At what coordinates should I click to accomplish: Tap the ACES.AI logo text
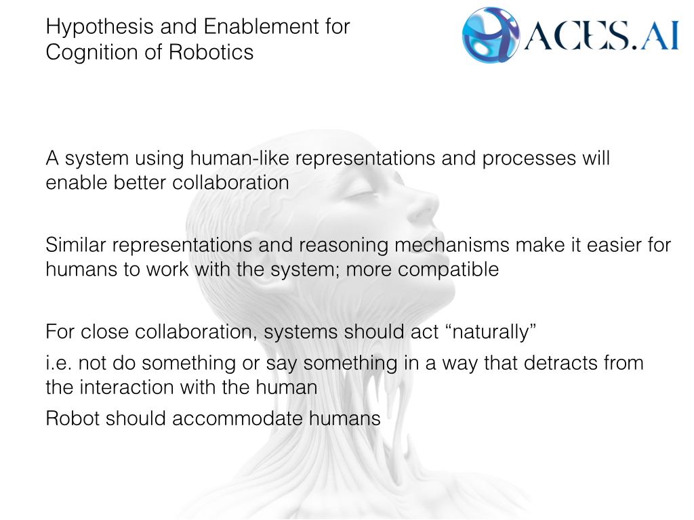click(x=600, y=37)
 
